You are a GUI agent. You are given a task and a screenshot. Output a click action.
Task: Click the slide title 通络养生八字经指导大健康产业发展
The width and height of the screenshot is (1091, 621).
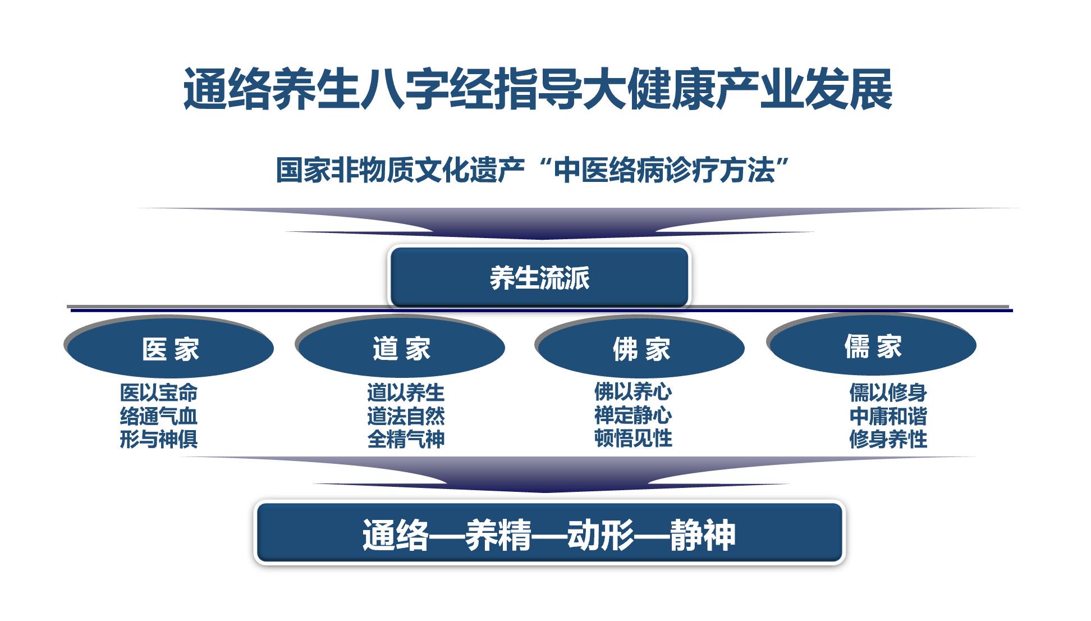tap(538, 89)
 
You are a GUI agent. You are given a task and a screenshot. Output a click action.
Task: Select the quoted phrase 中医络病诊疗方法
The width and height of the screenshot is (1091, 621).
tap(664, 170)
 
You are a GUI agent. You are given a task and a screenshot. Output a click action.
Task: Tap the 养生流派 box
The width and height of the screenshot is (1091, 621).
tap(539, 277)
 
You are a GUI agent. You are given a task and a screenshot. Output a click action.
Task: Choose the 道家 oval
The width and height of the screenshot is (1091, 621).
tap(401, 348)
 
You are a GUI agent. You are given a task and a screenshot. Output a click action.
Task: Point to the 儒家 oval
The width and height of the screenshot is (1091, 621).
tap(873, 345)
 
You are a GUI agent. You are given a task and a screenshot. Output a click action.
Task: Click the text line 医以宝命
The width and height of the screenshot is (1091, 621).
tap(159, 392)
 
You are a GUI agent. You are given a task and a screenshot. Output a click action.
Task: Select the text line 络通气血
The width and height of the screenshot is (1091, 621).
tap(159, 416)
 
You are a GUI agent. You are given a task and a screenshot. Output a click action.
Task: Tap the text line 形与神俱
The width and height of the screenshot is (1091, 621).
tap(159, 439)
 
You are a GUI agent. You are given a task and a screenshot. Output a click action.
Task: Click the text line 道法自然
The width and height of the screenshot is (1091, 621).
tap(406, 416)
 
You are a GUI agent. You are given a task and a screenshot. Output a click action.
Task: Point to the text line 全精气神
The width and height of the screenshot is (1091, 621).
tap(406, 439)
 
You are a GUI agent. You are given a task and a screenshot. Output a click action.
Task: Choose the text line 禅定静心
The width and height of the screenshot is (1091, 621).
tap(633, 415)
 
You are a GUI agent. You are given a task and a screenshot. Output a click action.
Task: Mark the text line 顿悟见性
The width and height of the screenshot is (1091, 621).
tap(633, 438)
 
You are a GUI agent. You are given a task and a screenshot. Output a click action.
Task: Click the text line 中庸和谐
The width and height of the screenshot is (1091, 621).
tap(888, 416)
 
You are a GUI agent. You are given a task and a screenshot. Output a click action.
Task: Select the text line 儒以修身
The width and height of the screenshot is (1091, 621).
tap(888, 392)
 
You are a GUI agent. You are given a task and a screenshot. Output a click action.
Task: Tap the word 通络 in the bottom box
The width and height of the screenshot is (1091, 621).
tap(396, 535)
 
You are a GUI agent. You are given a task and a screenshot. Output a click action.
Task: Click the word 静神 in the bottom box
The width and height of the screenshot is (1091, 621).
tap(702, 535)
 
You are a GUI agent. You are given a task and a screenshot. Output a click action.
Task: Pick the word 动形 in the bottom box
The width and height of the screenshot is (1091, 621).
tap(600, 535)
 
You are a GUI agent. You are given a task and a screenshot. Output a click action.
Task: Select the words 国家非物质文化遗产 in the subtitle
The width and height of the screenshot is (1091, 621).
tap(400, 170)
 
